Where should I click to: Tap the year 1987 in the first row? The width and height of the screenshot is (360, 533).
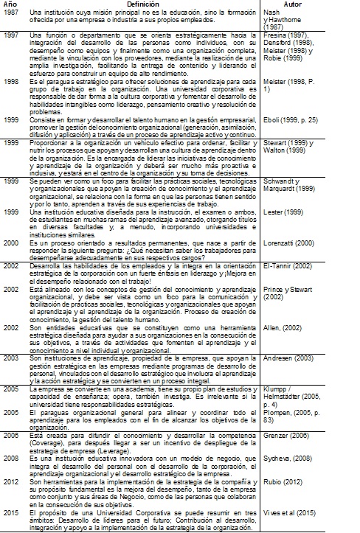10,14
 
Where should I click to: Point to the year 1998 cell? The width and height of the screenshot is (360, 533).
10,83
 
